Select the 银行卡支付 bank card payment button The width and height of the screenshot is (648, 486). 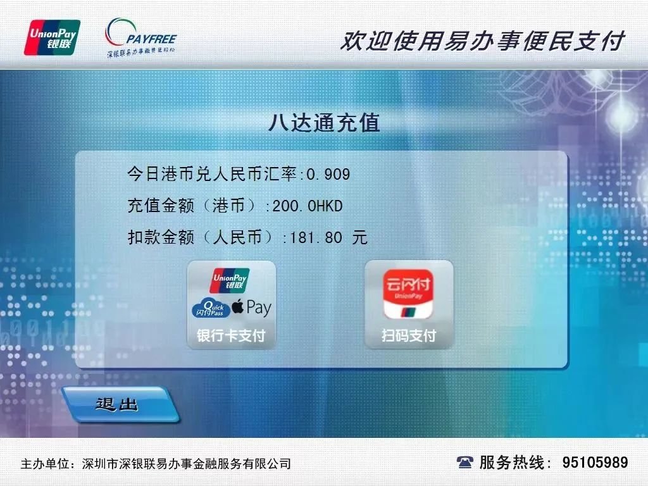[231, 304]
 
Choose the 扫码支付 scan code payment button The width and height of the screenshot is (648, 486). [409, 304]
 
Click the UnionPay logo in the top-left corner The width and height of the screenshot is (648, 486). [52, 37]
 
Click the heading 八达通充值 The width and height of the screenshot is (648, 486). [323, 122]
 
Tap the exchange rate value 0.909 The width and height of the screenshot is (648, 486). [328, 174]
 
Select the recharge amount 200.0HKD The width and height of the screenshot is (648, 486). [308, 206]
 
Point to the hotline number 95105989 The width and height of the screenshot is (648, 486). [595, 463]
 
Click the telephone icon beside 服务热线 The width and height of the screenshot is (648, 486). [464, 463]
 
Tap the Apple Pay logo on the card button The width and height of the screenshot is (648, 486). [251, 308]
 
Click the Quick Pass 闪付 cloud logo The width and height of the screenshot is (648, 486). [209, 308]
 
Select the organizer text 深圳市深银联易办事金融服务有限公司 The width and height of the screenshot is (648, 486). [187, 464]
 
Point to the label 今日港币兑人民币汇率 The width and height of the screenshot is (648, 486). [213, 174]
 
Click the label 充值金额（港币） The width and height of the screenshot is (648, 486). [196, 206]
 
